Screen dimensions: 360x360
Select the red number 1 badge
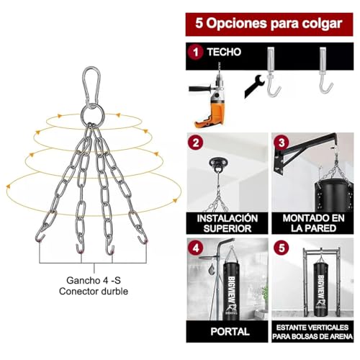[x=194, y=53]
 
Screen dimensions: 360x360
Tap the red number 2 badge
[x=194, y=143]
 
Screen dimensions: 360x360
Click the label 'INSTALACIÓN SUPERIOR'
[x=226, y=222]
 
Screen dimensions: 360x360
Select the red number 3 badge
[x=282, y=143]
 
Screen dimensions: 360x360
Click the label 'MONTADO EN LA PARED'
[x=312, y=222]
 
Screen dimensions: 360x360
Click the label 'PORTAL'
[x=226, y=332]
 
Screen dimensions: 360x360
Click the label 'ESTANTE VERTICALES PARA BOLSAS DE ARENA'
[x=312, y=332]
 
